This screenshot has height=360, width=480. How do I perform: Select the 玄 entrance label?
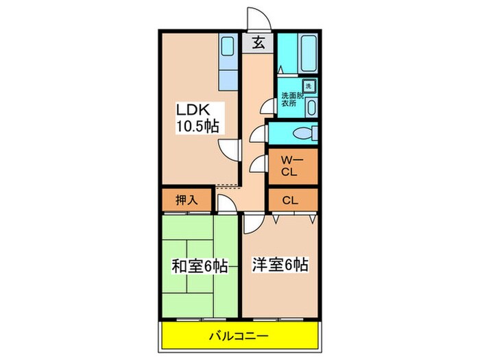[259, 43]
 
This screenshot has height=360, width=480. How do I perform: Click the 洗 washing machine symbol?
[309, 86]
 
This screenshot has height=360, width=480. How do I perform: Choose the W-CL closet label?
[288, 166]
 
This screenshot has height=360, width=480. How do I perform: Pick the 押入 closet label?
[185, 200]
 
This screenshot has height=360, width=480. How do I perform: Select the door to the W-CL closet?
[259, 164]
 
